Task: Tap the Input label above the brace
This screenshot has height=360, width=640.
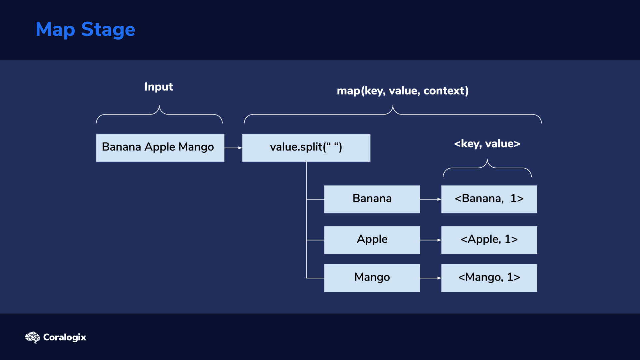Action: click(x=159, y=87)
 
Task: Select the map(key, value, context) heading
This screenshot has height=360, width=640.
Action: click(x=403, y=91)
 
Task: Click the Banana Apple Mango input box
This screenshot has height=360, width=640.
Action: click(x=160, y=148)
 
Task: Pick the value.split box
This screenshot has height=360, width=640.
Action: click(x=306, y=148)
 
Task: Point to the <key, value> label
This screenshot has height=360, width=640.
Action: click(x=487, y=144)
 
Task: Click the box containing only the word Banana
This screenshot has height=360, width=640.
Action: click(x=372, y=199)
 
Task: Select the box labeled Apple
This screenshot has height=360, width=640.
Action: click(x=372, y=240)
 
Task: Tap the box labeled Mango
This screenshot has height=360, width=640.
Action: click(x=372, y=278)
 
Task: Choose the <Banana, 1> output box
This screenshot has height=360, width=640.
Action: click(x=489, y=199)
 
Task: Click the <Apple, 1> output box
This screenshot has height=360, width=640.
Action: click(x=489, y=240)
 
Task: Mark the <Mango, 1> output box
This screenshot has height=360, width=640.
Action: click(x=489, y=278)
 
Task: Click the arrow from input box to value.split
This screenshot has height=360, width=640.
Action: click(x=233, y=148)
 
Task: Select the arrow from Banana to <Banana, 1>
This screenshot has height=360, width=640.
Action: click(x=431, y=199)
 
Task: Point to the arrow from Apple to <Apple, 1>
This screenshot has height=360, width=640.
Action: click(x=431, y=240)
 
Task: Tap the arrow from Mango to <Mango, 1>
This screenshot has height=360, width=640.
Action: click(x=431, y=278)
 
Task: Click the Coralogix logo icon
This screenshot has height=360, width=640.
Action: click(x=32, y=337)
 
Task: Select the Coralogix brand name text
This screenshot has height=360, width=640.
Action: click(x=65, y=337)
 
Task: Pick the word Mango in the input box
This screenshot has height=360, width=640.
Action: click(x=196, y=147)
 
